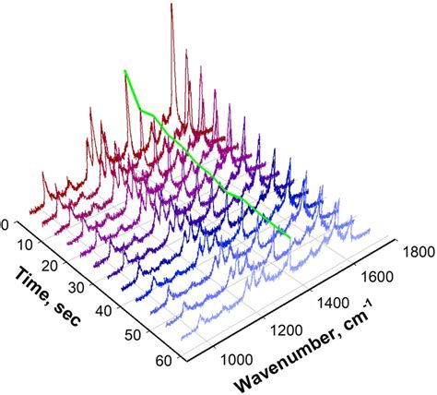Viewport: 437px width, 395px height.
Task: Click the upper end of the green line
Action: tap(125, 70)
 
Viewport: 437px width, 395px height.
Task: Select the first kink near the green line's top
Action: tap(140, 108)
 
